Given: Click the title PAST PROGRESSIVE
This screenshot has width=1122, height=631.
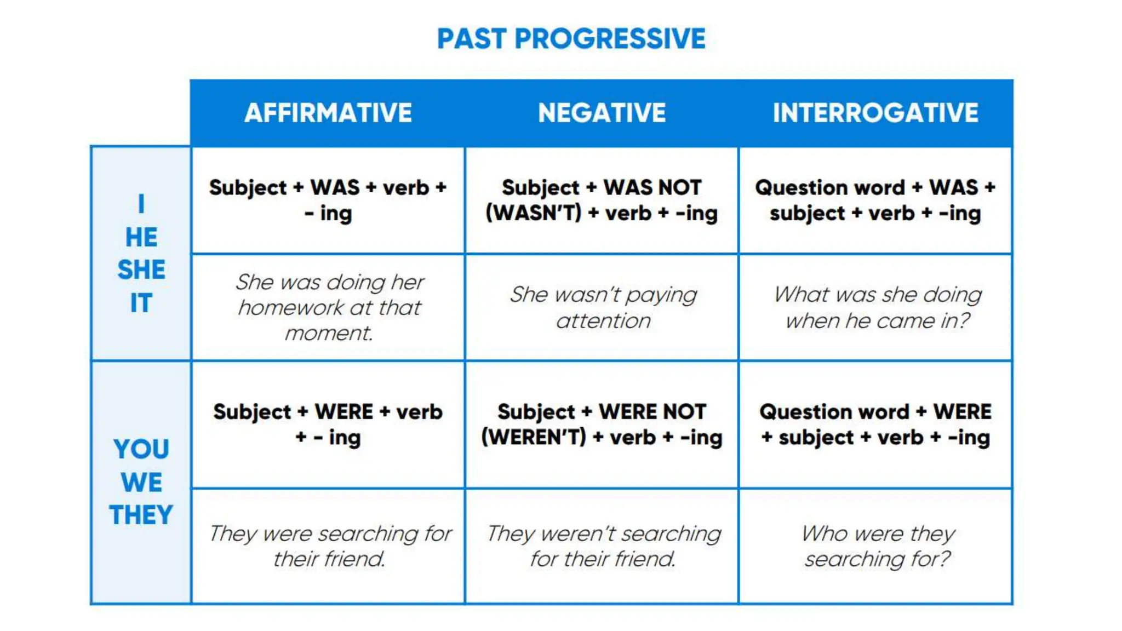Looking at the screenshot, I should pos(571,39).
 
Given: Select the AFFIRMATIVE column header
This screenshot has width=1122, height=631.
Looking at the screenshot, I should pos(328,113).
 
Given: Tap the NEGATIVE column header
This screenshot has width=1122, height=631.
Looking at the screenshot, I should pos(602,113).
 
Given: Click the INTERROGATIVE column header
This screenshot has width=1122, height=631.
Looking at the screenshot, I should pos(875,113).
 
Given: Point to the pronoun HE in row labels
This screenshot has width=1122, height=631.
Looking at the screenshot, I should pos(141,237).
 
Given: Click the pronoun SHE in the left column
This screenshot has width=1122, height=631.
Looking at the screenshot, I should pos(141,269).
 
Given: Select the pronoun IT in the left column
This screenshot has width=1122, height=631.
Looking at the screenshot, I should pos(141,303).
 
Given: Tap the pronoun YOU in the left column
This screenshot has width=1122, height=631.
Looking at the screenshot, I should pos(141,449).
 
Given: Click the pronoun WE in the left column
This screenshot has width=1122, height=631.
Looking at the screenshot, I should pos(141,483).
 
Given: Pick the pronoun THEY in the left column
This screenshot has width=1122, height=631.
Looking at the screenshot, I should pos(141,515).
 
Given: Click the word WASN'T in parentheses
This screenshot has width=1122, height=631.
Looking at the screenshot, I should pos(534,213).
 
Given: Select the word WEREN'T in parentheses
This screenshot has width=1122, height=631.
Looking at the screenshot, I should pos(534,437).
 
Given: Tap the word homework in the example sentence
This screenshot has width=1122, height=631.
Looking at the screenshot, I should pos(290,308).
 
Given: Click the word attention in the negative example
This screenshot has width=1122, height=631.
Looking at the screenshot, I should pos(603,321).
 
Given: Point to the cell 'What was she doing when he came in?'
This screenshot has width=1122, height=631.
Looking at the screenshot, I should pos(877,307).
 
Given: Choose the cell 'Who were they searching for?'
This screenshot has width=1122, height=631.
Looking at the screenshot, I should pos(877,546).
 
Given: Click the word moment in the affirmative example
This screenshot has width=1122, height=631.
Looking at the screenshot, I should pos(328,333).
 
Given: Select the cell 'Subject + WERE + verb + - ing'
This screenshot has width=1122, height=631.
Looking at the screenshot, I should pos(328,425).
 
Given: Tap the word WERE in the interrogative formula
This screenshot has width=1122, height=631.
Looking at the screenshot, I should pos(962,412).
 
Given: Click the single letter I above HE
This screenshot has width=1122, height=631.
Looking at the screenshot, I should pos(141,204).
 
